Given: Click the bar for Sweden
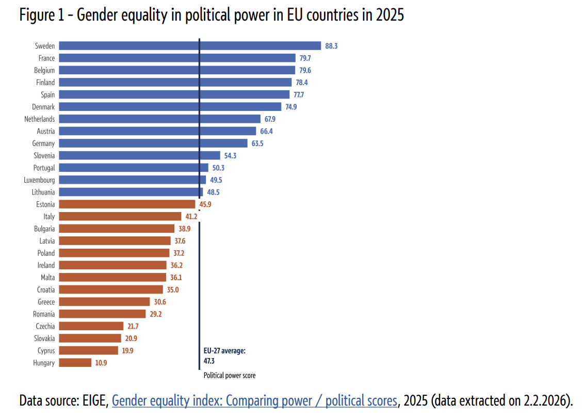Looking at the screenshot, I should coord(190,46).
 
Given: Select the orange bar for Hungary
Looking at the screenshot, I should coord(75,363).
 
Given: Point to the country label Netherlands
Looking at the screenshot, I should coord(39,119).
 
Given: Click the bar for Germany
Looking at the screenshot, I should coord(153,143).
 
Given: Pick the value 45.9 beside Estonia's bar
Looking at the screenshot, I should coord(205,204).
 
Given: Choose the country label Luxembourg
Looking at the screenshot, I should coord(39,180).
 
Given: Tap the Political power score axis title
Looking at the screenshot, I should coord(230,376).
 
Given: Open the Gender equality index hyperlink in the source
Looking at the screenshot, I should coord(254,400).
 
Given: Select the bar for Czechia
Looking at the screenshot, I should coord(91,326).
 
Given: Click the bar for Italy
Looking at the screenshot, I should coord(120,217).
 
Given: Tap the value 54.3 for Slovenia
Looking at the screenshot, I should coord(231,156).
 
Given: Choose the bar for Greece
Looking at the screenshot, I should coord(104,302).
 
